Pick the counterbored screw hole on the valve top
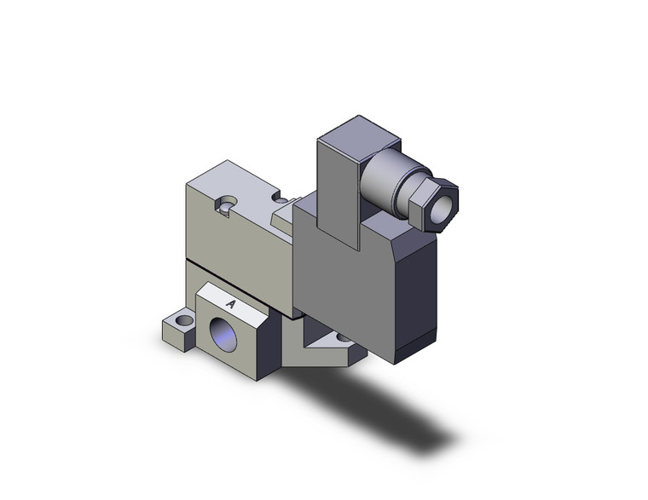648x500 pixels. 225,204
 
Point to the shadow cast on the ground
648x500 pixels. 384,409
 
